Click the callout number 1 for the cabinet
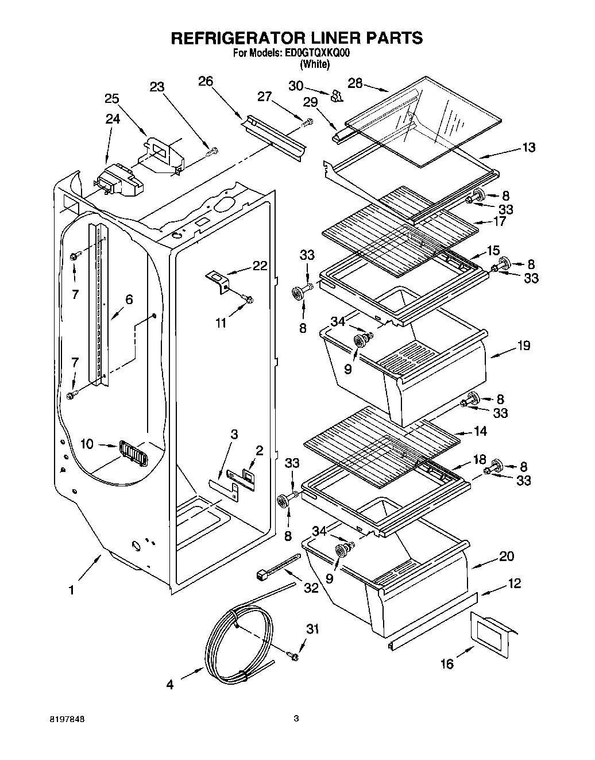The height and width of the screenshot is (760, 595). [x=71, y=590]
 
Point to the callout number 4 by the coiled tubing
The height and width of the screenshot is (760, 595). [x=170, y=685]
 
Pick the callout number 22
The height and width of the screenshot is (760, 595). [x=260, y=266]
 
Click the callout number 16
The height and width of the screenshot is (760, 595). [x=447, y=664]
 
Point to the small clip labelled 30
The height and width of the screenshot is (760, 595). [x=337, y=95]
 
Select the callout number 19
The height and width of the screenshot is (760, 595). [x=523, y=346]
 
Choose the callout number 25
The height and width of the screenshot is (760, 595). [x=111, y=98]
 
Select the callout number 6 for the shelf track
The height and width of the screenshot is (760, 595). [x=129, y=299]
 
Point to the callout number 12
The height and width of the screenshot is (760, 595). [x=514, y=584]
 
